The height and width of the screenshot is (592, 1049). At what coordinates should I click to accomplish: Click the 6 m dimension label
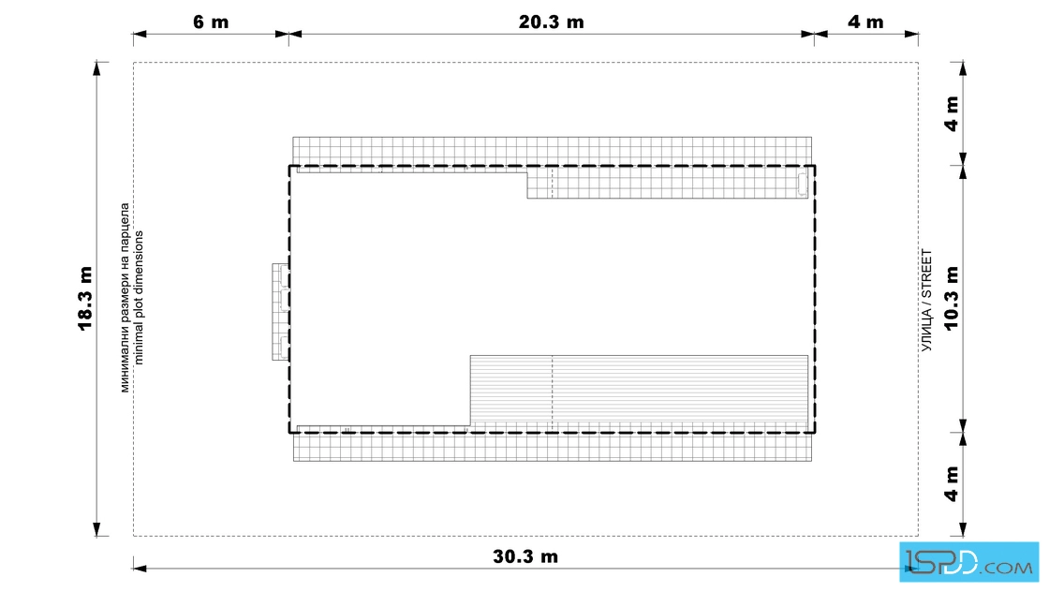click(211, 22)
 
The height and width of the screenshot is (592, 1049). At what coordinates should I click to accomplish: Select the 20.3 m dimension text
click(552, 22)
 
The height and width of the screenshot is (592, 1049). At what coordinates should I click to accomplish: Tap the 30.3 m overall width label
click(525, 556)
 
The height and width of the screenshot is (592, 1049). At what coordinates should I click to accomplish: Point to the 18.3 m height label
click(85, 298)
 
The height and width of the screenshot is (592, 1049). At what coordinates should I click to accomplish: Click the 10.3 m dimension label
click(951, 298)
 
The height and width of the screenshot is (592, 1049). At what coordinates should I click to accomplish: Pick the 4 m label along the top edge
click(865, 22)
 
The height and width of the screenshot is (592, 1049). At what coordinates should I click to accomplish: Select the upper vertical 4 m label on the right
click(952, 113)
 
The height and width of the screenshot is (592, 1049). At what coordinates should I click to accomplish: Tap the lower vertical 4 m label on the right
click(952, 483)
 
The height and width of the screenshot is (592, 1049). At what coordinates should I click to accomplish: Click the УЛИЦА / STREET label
click(926, 301)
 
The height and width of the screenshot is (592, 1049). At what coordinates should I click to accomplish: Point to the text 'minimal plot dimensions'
click(139, 298)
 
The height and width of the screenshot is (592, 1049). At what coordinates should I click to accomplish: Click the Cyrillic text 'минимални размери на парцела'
click(126, 298)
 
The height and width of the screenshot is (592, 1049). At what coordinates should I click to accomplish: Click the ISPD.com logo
click(968, 562)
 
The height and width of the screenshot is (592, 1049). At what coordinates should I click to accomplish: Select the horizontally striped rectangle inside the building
click(639, 391)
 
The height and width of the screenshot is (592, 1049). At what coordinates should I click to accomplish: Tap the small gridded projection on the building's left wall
click(280, 312)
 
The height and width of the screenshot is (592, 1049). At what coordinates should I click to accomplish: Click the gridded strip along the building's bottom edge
click(553, 447)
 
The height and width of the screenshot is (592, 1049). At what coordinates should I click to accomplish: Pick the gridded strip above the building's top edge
click(553, 151)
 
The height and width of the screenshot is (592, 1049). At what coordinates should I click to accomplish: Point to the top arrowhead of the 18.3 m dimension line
click(97, 67)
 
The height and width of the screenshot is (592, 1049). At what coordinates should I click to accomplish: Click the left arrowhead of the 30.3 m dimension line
click(140, 569)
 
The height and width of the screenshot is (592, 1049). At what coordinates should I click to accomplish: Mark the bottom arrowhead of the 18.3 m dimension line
click(97, 530)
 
